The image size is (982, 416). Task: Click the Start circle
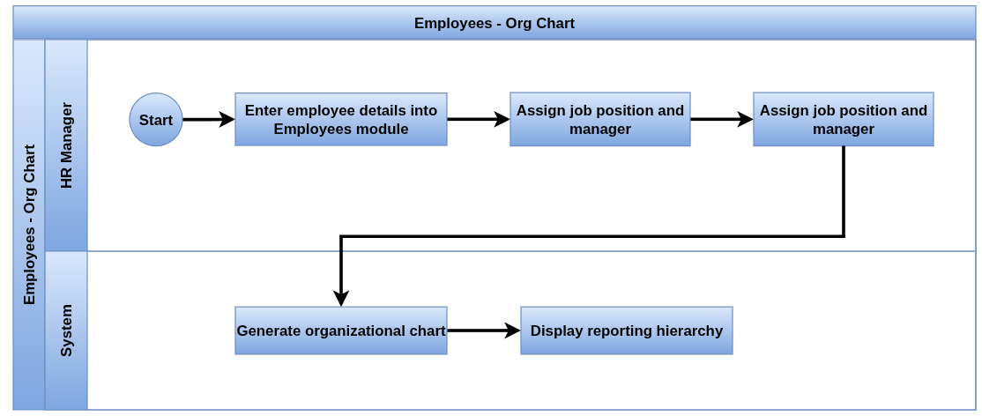[x=156, y=120]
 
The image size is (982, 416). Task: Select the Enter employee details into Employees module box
[x=340, y=120]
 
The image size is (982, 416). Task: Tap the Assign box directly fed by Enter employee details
[x=600, y=120]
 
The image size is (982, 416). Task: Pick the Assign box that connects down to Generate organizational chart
[x=843, y=120]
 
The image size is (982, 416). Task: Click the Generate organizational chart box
[x=340, y=331]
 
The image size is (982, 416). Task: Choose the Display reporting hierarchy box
[x=626, y=331]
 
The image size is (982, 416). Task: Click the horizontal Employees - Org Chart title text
[x=495, y=24]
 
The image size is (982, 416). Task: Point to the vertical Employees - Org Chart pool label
[x=29, y=225]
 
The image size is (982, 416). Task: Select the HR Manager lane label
[x=66, y=145]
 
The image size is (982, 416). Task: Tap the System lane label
[x=66, y=331]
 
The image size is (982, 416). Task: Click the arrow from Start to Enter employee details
[x=209, y=120]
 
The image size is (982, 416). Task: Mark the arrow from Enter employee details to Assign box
[x=479, y=120]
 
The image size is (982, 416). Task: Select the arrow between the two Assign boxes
[x=721, y=120]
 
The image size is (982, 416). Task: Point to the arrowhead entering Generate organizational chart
[x=340, y=298]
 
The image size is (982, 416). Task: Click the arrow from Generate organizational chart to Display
[x=483, y=331]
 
